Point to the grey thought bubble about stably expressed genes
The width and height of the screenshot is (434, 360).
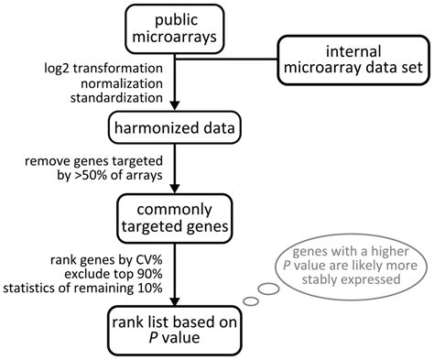356,261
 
